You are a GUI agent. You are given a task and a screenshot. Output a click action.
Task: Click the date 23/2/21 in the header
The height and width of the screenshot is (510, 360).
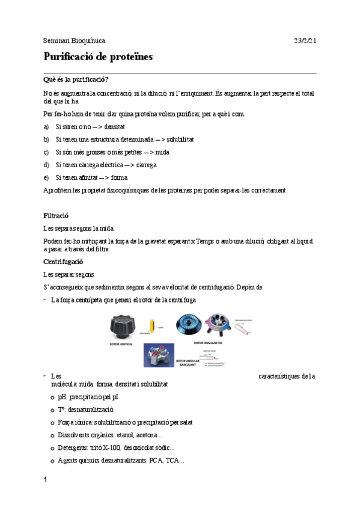pyautogui.click(x=305, y=41)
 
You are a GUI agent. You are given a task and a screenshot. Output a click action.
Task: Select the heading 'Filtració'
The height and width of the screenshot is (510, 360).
pyautogui.click(x=56, y=215)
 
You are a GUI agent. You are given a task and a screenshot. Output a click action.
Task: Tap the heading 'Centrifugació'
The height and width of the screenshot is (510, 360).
pyautogui.click(x=63, y=262)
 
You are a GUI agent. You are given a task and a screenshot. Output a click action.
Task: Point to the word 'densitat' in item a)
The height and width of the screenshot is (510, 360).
pyautogui.click(x=114, y=127)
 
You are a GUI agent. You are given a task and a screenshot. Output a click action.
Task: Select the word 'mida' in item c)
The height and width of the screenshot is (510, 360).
pyautogui.click(x=162, y=152)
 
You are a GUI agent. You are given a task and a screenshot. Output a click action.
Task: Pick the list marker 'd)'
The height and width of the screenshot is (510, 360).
pyautogui.click(x=46, y=165)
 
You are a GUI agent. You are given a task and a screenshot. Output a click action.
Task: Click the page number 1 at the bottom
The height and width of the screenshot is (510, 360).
pyautogui.click(x=45, y=481)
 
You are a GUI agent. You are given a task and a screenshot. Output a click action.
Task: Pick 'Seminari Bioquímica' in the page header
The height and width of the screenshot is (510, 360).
pyautogui.click(x=74, y=41)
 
